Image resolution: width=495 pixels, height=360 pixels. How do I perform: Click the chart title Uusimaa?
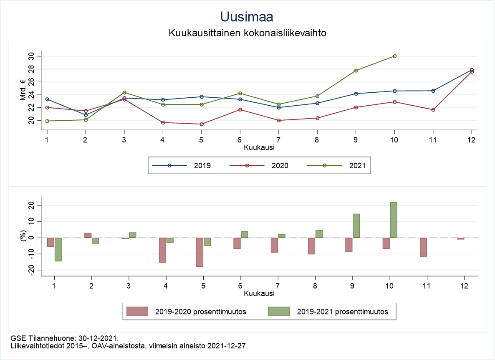[247, 17]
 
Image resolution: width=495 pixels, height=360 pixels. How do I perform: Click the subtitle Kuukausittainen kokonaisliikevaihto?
[247, 33]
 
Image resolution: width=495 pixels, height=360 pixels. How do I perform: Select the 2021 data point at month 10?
[394, 56]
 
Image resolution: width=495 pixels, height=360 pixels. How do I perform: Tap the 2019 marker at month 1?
[47, 99]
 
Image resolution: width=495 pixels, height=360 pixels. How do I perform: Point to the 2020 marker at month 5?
[202, 124]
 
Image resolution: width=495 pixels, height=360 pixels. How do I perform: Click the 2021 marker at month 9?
[356, 71]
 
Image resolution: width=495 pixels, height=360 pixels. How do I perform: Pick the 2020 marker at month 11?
[433, 110]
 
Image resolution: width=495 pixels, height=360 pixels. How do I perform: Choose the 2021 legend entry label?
[357, 165]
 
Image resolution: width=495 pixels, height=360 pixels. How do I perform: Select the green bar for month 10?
[394, 220]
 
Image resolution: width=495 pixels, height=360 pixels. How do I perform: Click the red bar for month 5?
[200, 252]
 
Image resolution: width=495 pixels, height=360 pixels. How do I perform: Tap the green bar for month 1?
[58, 249]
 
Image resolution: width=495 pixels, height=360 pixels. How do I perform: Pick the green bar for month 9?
[356, 226]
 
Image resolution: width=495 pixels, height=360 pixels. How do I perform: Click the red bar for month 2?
[88, 236]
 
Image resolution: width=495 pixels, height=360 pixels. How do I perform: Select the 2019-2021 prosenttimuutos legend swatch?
[278, 312]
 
